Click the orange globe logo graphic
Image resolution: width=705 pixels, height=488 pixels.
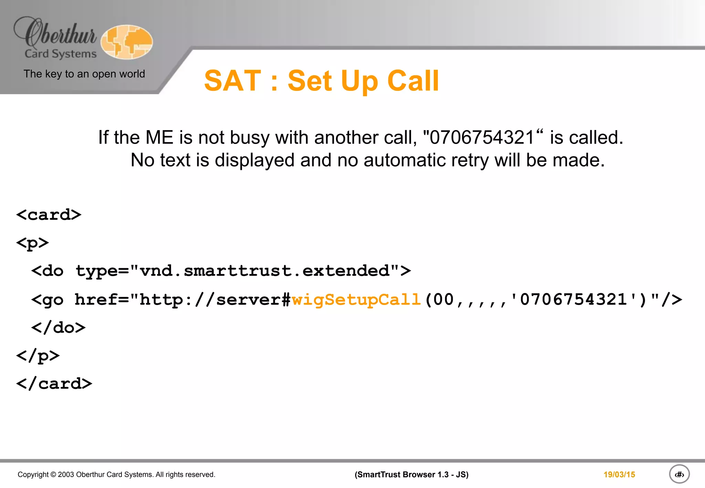pyautogui.click(x=127, y=42)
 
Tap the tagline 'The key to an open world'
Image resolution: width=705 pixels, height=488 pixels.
pyautogui.click(x=84, y=74)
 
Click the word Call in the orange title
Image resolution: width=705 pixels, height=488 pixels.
pyautogui.click(x=413, y=81)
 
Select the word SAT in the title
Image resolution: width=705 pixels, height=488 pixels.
pyautogui.click(x=233, y=81)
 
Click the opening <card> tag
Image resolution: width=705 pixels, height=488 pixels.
pyautogui.click(x=49, y=215)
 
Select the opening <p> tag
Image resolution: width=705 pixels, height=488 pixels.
pyautogui.click(x=32, y=243)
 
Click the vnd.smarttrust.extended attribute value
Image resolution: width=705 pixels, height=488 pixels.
pyautogui.click(x=264, y=271)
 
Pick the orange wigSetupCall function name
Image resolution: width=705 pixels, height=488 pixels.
pyautogui.click(x=356, y=299)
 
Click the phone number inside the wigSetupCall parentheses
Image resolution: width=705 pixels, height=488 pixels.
pyautogui.click(x=573, y=299)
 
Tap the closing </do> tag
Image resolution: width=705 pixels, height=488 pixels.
pyautogui.click(x=58, y=328)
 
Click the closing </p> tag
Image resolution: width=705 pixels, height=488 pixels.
pyautogui.click(x=38, y=356)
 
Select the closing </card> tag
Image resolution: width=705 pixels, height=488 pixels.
pyautogui.click(x=54, y=384)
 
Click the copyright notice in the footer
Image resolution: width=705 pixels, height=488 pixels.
pyautogui.click(x=116, y=475)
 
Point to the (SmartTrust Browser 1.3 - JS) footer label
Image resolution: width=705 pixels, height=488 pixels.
pyautogui.click(x=411, y=475)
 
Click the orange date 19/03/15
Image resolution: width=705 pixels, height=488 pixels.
pyautogui.click(x=619, y=475)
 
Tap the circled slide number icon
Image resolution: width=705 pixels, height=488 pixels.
pyautogui.click(x=679, y=475)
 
